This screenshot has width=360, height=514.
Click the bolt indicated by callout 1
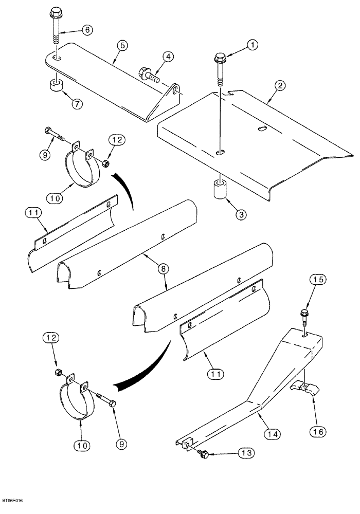[221, 67]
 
